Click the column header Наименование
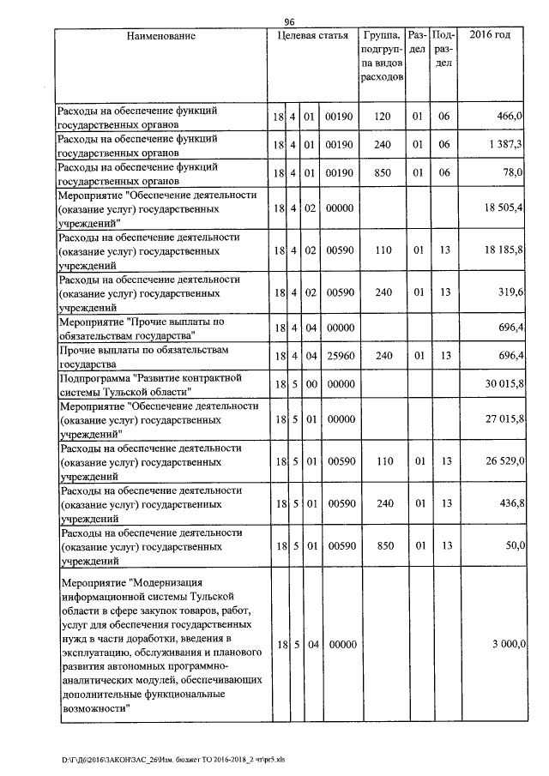pyautogui.click(x=162, y=36)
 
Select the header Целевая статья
pyautogui.click(x=312, y=36)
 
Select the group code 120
pyautogui.click(x=382, y=115)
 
